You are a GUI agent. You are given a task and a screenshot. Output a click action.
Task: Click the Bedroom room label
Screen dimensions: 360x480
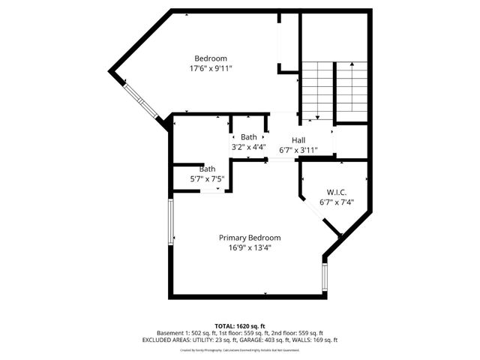pos(211,58)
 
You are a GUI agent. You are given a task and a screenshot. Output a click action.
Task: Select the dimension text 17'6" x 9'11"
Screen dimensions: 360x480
pos(211,68)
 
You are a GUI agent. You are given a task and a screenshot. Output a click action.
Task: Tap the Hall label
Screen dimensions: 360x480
pos(298,140)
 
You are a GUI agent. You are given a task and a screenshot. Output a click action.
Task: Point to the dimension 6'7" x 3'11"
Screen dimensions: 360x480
pos(298,150)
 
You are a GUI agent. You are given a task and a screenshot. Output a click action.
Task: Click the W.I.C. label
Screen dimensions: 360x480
pos(336,191)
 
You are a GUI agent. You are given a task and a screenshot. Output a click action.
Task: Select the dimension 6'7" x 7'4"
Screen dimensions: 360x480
pos(336,201)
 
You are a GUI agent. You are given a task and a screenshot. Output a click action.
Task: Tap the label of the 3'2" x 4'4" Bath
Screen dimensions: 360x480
pos(249,137)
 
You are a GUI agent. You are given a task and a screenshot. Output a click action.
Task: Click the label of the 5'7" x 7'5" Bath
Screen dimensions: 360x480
pos(207,169)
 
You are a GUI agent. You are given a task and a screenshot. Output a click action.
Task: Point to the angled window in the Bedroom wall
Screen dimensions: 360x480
pos(140,101)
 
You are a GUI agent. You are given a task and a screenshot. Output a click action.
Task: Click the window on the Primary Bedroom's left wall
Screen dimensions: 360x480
pos(171,220)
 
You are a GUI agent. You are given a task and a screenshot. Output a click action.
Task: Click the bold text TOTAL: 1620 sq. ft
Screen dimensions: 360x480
pos(240,326)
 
